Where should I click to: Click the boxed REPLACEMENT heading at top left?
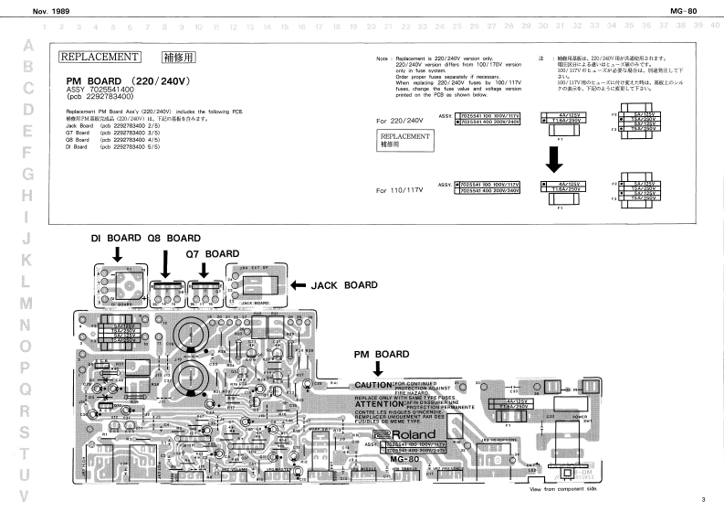[99, 57]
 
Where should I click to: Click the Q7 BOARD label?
[212, 252]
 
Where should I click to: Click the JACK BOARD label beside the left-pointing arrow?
[344, 285]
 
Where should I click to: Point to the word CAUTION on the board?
[374, 385]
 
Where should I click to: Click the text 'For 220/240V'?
[400, 121]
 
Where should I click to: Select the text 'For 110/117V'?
[400, 190]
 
